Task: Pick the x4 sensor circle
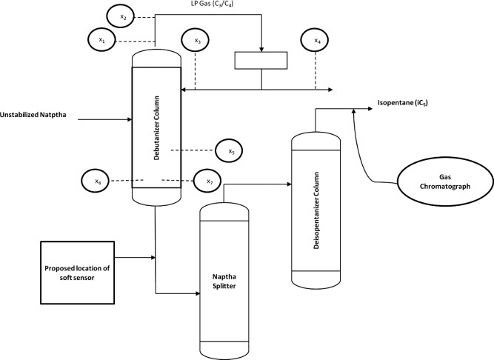[316, 41]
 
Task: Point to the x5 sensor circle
[230, 151]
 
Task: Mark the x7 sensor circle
[208, 180]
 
